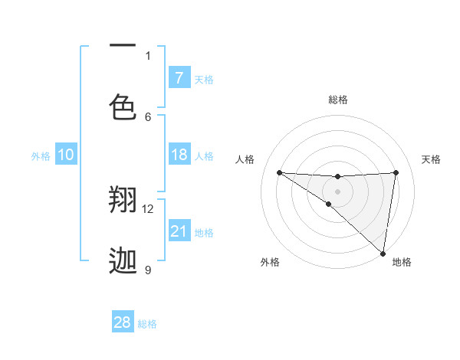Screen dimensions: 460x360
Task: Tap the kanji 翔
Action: (123, 200)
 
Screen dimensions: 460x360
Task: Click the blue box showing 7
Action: (179, 78)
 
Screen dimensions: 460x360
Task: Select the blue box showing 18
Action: (179, 155)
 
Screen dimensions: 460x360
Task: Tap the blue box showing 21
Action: (179, 231)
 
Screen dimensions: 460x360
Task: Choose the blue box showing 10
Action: (66, 155)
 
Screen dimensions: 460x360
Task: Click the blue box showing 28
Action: (123, 322)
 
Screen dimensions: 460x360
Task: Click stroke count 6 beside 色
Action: (148, 116)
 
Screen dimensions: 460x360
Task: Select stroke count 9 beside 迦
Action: (148, 270)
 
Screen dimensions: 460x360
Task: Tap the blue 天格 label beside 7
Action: (204, 79)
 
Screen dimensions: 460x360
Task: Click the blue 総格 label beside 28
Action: (147, 324)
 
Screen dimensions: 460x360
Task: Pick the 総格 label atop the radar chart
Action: (337, 100)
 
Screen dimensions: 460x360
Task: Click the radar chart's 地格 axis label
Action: (402, 262)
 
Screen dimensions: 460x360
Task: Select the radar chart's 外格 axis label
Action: (270, 262)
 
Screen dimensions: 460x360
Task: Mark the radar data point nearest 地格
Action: (383, 253)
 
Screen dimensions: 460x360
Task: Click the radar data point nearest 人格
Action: (279, 172)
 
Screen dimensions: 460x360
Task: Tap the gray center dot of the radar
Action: (337, 191)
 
